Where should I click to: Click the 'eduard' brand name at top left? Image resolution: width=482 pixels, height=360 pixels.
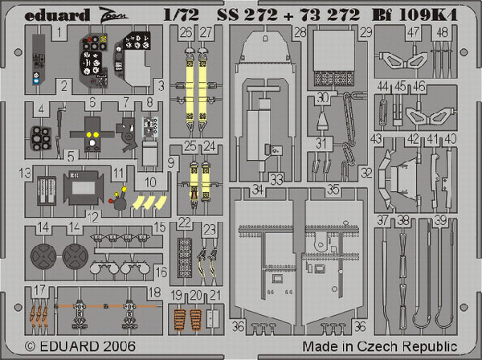coord(57,15)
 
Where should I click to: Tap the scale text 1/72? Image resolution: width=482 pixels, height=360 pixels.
coord(182,14)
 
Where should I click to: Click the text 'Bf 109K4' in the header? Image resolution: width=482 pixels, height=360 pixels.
coord(415,14)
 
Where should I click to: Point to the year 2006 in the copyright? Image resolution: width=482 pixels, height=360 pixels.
coord(119,346)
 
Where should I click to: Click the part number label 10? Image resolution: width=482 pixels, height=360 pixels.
coord(150,182)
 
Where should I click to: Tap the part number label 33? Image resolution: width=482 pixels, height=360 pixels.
coord(276,179)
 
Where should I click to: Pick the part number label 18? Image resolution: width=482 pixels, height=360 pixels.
coord(154,292)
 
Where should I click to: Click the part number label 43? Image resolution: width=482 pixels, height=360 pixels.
coord(376,139)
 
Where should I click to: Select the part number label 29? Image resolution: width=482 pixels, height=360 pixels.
coord(366,32)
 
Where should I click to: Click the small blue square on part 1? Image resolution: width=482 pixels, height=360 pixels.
coord(36,81)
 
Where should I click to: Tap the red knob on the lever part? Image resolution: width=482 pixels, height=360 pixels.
coord(111,201)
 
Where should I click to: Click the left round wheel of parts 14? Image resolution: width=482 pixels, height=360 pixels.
coord(43,256)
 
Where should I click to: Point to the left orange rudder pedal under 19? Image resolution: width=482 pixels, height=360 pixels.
coord(180,320)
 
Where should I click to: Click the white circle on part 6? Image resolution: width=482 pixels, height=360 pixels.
coord(92,142)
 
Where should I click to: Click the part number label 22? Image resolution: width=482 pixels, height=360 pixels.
coord(185,223)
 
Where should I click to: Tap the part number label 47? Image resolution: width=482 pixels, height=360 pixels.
coord(413,31)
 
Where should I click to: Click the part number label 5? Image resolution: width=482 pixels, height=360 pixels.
coord(71,157)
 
